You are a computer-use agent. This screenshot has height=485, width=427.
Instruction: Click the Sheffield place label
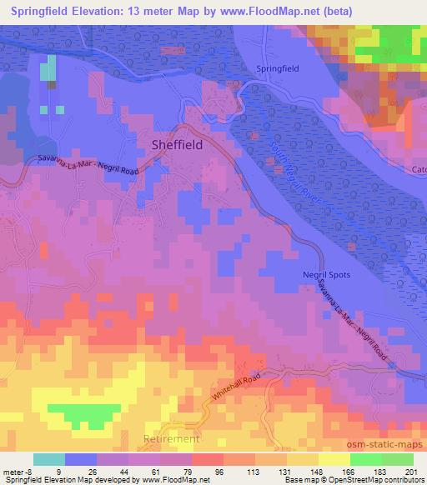point(178,143)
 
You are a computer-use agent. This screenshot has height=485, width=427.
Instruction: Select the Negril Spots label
point(326,275)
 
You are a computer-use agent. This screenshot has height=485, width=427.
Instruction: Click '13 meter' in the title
point(159,11)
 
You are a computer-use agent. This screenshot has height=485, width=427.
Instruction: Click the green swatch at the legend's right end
point(398,459)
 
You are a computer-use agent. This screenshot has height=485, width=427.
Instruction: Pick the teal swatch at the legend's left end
point(49,459)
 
